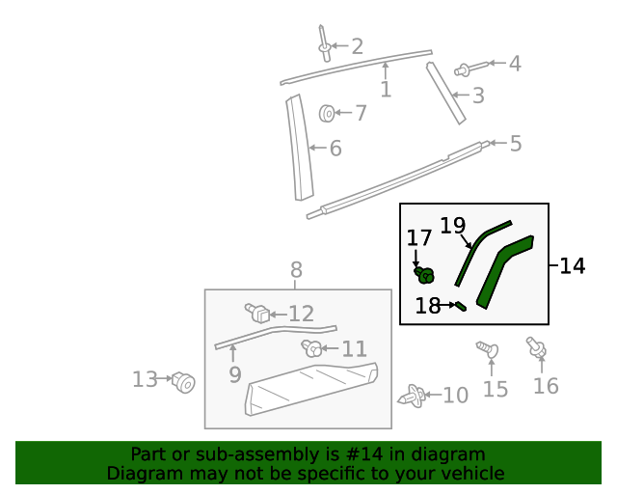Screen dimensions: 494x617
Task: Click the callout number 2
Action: (357, 45)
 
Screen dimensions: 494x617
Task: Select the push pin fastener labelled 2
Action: (324, 42)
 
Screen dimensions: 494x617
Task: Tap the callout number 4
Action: (515, 64)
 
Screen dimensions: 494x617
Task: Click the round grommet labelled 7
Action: (328, 114)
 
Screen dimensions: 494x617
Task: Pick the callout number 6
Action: (335, 149)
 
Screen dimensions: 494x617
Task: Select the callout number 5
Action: (516, 144)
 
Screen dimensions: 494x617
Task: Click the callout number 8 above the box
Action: (296, 269)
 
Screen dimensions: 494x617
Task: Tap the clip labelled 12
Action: (258, 313)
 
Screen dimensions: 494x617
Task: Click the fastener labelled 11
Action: (312, 348)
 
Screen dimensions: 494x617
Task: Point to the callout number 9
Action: (235, 373)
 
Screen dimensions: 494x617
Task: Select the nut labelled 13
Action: (183, 383)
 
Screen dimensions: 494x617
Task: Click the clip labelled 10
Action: (414, 396)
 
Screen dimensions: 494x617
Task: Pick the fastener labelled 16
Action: (535, 347)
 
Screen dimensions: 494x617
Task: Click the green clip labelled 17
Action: (424, 275)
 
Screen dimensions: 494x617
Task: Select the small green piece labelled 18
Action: (461, 307)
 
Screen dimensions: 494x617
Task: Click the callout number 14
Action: (572, 265)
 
